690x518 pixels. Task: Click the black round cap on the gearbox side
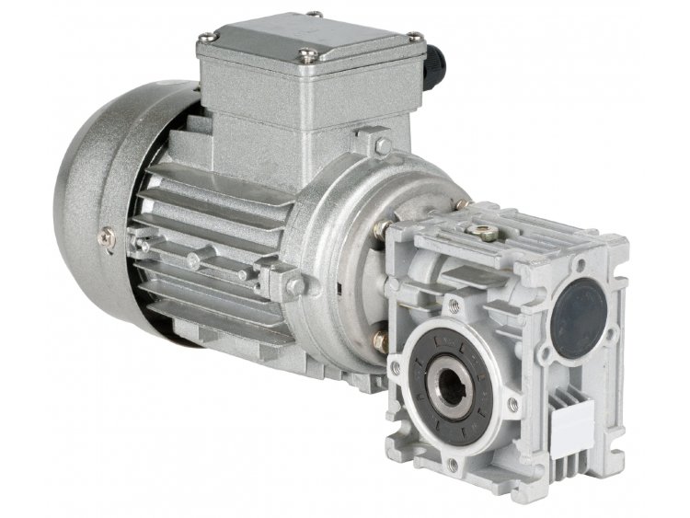(x=580, y=313)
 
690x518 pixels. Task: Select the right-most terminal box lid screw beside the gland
(x=415, y=37)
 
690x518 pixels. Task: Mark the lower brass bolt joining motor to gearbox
(x=380, y=340)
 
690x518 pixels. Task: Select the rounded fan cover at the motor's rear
(x=92, y=202)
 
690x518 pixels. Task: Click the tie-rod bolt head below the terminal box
(x=382, y=145)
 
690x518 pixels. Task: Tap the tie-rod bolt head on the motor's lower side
(x=294, y=286)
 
